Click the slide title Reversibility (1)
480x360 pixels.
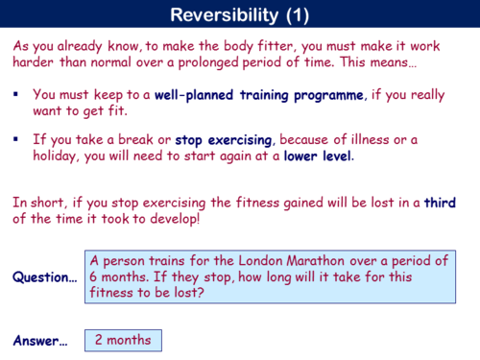tap(239, 14)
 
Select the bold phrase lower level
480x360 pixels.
tap(318, 156)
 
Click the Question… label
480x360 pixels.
tap(44, 277)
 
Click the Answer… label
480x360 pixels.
tap(40, 340)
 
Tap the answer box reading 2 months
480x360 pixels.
tap(124, 340)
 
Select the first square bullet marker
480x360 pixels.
tap(17, 96)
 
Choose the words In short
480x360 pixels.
tap(34, 203)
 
